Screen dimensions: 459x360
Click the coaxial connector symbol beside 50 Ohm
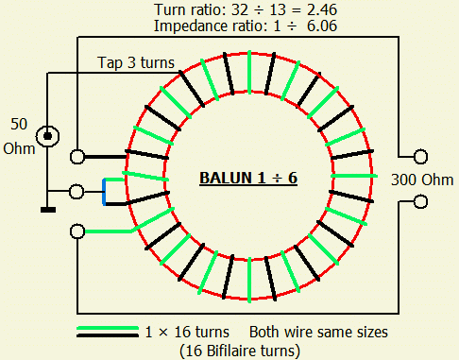[x=47, y=136]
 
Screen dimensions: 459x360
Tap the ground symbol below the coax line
[x=48, y=210]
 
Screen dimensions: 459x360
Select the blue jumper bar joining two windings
[x=104, y=192]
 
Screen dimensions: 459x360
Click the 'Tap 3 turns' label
[x=136, y=62]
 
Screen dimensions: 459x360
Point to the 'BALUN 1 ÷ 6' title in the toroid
[x=248, y=178]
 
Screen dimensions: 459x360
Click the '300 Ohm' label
[x=422, y=180]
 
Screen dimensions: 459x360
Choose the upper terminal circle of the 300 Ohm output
[x=420, y=157]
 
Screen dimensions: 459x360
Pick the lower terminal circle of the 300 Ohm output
[x=420, y=202]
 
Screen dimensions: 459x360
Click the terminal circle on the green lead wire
[x=77, y=231]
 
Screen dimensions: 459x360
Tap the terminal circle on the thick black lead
[x=77, y=157]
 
